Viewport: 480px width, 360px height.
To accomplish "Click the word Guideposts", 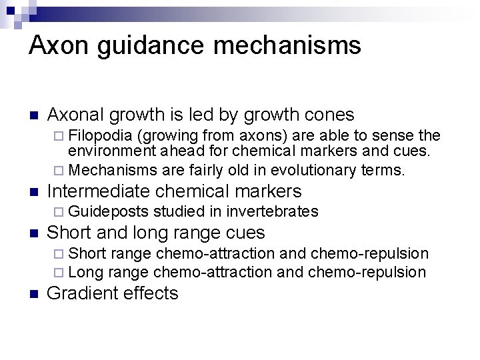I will [x=109, y=212].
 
